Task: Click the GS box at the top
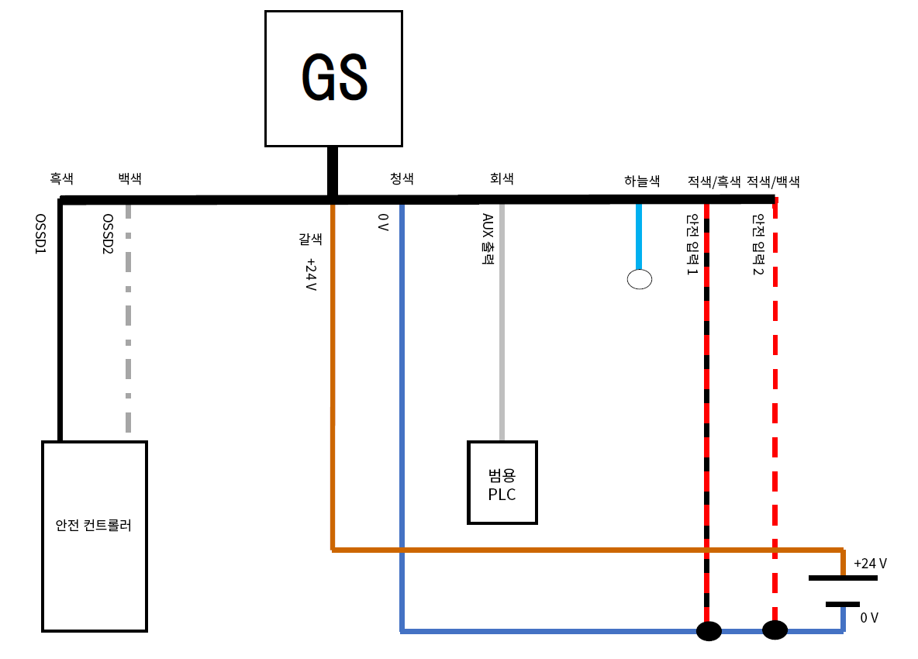(x=333, y=78)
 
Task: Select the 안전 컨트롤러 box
(x=94, y=536)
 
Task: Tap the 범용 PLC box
(x=502, y=482)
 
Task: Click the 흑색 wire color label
(x=61, y=178)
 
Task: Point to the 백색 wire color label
(x=129, y=178)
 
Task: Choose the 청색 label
(x=402, y=178)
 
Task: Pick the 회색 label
(x=502, y=178)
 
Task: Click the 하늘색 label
(x=642, y=181)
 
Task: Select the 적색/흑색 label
(x=714, y=182)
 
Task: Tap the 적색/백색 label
(x=773, y=182)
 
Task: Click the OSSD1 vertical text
(x=40, y=236)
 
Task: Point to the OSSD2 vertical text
(x=109, y=236)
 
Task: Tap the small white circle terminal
(x=639, y=279)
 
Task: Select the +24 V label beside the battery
(x=870, y=564)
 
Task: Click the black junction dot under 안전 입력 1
(x=709, y=631)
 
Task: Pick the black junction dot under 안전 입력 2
(x=775, y=630)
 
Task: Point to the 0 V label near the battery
(x=869, y=618)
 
